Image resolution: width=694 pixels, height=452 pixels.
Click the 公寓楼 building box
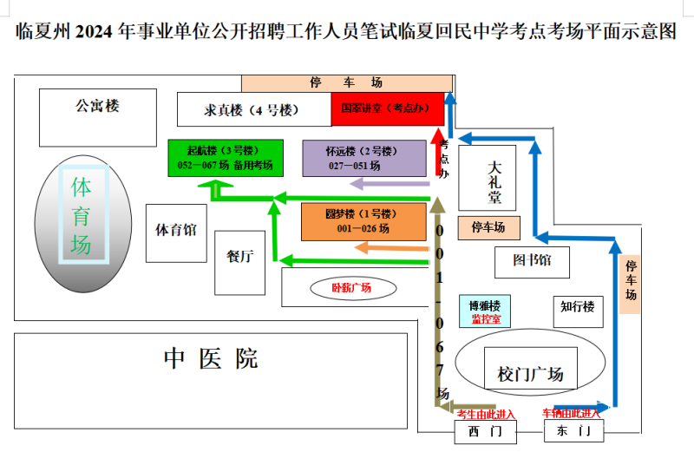[96, 117]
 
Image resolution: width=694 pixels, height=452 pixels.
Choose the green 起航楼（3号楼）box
[225, 158]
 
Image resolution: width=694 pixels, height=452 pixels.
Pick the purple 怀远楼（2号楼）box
[364, 158]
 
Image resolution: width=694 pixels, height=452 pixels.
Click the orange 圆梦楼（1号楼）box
[364, 222]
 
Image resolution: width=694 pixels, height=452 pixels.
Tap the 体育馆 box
[176, 232]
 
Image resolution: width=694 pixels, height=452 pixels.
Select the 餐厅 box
[239, 261]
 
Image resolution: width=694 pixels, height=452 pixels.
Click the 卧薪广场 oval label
[351, 287]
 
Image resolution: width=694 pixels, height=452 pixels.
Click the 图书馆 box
[531, 261]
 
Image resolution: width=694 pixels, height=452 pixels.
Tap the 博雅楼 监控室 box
[485, 311]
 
